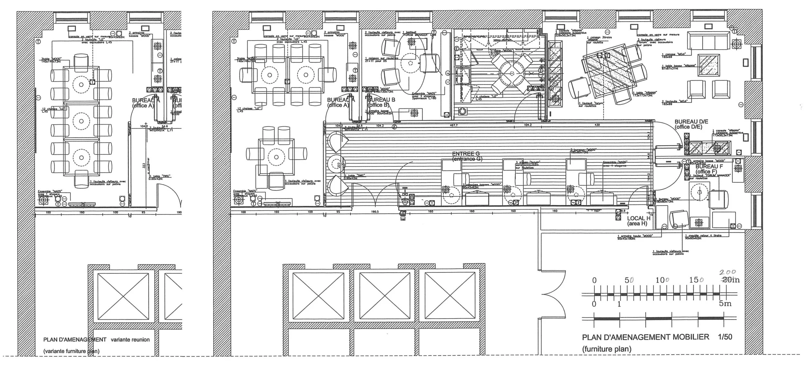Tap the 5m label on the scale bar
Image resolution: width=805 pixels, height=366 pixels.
tap(725, 304)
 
